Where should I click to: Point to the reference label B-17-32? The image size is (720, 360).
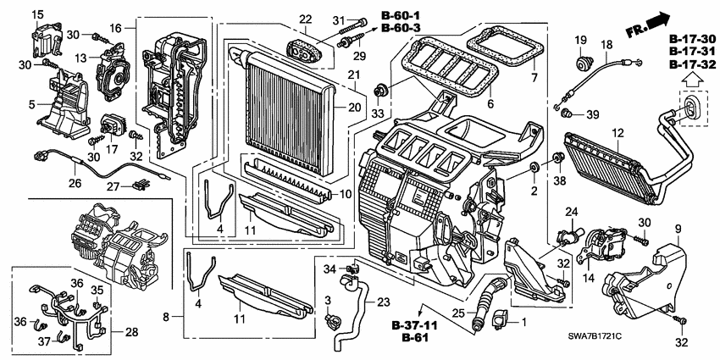[692, 65]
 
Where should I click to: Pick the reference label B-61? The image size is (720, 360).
[407, 339]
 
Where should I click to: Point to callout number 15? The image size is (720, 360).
[36, 16]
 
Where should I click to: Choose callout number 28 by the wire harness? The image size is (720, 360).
[130, 331]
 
